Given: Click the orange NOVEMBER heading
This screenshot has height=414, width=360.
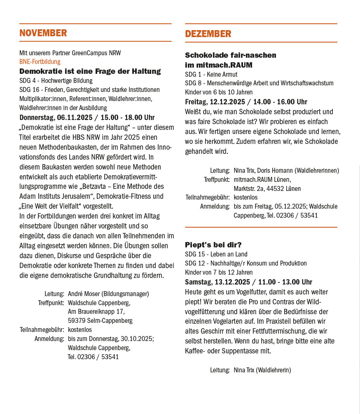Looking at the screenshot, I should pos(43,33).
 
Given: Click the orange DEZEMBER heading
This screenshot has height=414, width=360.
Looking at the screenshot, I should pos(208,34).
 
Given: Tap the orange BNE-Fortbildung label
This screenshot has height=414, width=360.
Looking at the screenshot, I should pos(40,62).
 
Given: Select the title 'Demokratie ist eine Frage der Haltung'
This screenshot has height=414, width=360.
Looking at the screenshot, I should pos(90,71).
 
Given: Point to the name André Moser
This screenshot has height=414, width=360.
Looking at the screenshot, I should pos(82,294).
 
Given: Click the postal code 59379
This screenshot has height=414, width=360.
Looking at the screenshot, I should pos(77,320).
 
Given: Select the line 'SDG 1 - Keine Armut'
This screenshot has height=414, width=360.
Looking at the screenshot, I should pos(211,74).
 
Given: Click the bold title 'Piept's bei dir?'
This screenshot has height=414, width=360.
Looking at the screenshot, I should pos(213,245).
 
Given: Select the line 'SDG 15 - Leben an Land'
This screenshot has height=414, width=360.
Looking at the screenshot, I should pos(216,254).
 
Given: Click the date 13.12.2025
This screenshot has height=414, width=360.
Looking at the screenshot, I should pos(233,282).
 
